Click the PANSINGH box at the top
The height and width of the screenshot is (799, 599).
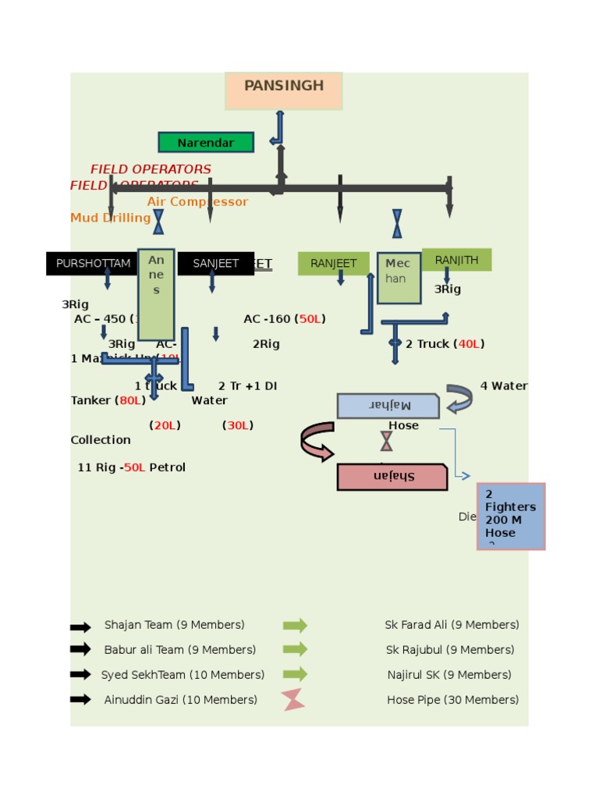284,91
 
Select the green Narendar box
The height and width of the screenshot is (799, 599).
206,142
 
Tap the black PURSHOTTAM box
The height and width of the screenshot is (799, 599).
92,264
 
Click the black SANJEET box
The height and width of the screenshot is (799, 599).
215,264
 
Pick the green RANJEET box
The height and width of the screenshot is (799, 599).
333,264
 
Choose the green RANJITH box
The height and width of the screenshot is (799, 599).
456,260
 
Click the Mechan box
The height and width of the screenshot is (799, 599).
399,278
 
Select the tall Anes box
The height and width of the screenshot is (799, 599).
156,294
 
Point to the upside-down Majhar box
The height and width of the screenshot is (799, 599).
388,406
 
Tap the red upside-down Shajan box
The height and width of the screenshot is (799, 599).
392,477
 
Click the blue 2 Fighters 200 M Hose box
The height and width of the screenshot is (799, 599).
511,516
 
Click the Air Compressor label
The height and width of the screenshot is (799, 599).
197,202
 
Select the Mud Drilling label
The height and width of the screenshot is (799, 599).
110,218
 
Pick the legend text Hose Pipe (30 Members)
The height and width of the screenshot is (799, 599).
452,700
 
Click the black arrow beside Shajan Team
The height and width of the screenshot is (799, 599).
80,626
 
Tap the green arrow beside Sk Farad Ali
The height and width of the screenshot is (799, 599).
295,626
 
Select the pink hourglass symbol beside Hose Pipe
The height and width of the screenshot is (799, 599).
294,700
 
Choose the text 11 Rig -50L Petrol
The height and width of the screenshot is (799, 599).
131,467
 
